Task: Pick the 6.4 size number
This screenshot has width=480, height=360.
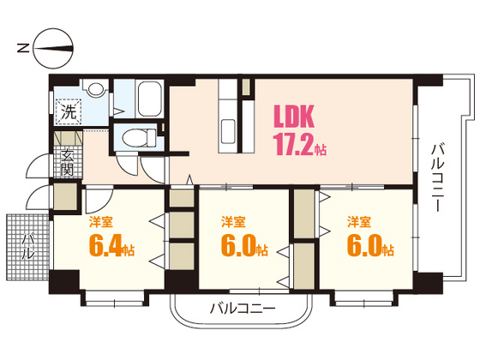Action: click(105, 248)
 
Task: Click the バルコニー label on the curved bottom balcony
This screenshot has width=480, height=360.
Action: click(243, 309)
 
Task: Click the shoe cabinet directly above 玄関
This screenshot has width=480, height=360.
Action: click(66, 141)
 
